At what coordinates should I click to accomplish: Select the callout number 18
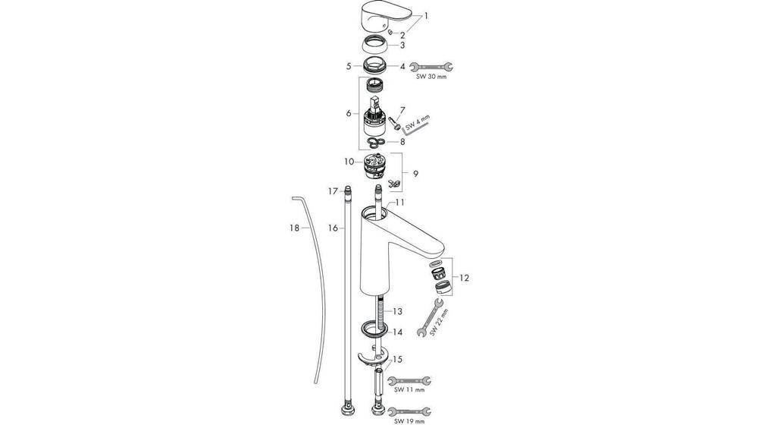point(294,227)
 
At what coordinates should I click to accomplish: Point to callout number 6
point(348,113)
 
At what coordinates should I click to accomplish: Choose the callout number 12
point(464,278)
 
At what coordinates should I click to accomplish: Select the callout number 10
point(348,162)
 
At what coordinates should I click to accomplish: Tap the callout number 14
point(398,332)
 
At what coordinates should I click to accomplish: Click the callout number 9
point(415,173)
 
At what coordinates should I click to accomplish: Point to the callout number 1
point(426,15)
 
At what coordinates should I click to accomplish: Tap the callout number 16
point(332,227)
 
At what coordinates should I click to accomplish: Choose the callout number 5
point(349,66)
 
